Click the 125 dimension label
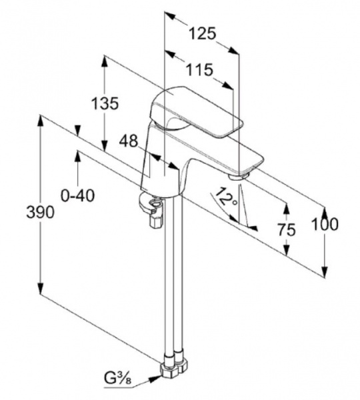(x=203, y=33)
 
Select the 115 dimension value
(x=199, y=69)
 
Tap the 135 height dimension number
(x=105, y=103)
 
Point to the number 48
(x=129, y=141)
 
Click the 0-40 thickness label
(x=78, y=195)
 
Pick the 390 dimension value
(x=41, y=212)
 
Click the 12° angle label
(x=226, y=197)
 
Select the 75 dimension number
(x=287, y=229)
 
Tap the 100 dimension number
(x=325, y=224)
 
